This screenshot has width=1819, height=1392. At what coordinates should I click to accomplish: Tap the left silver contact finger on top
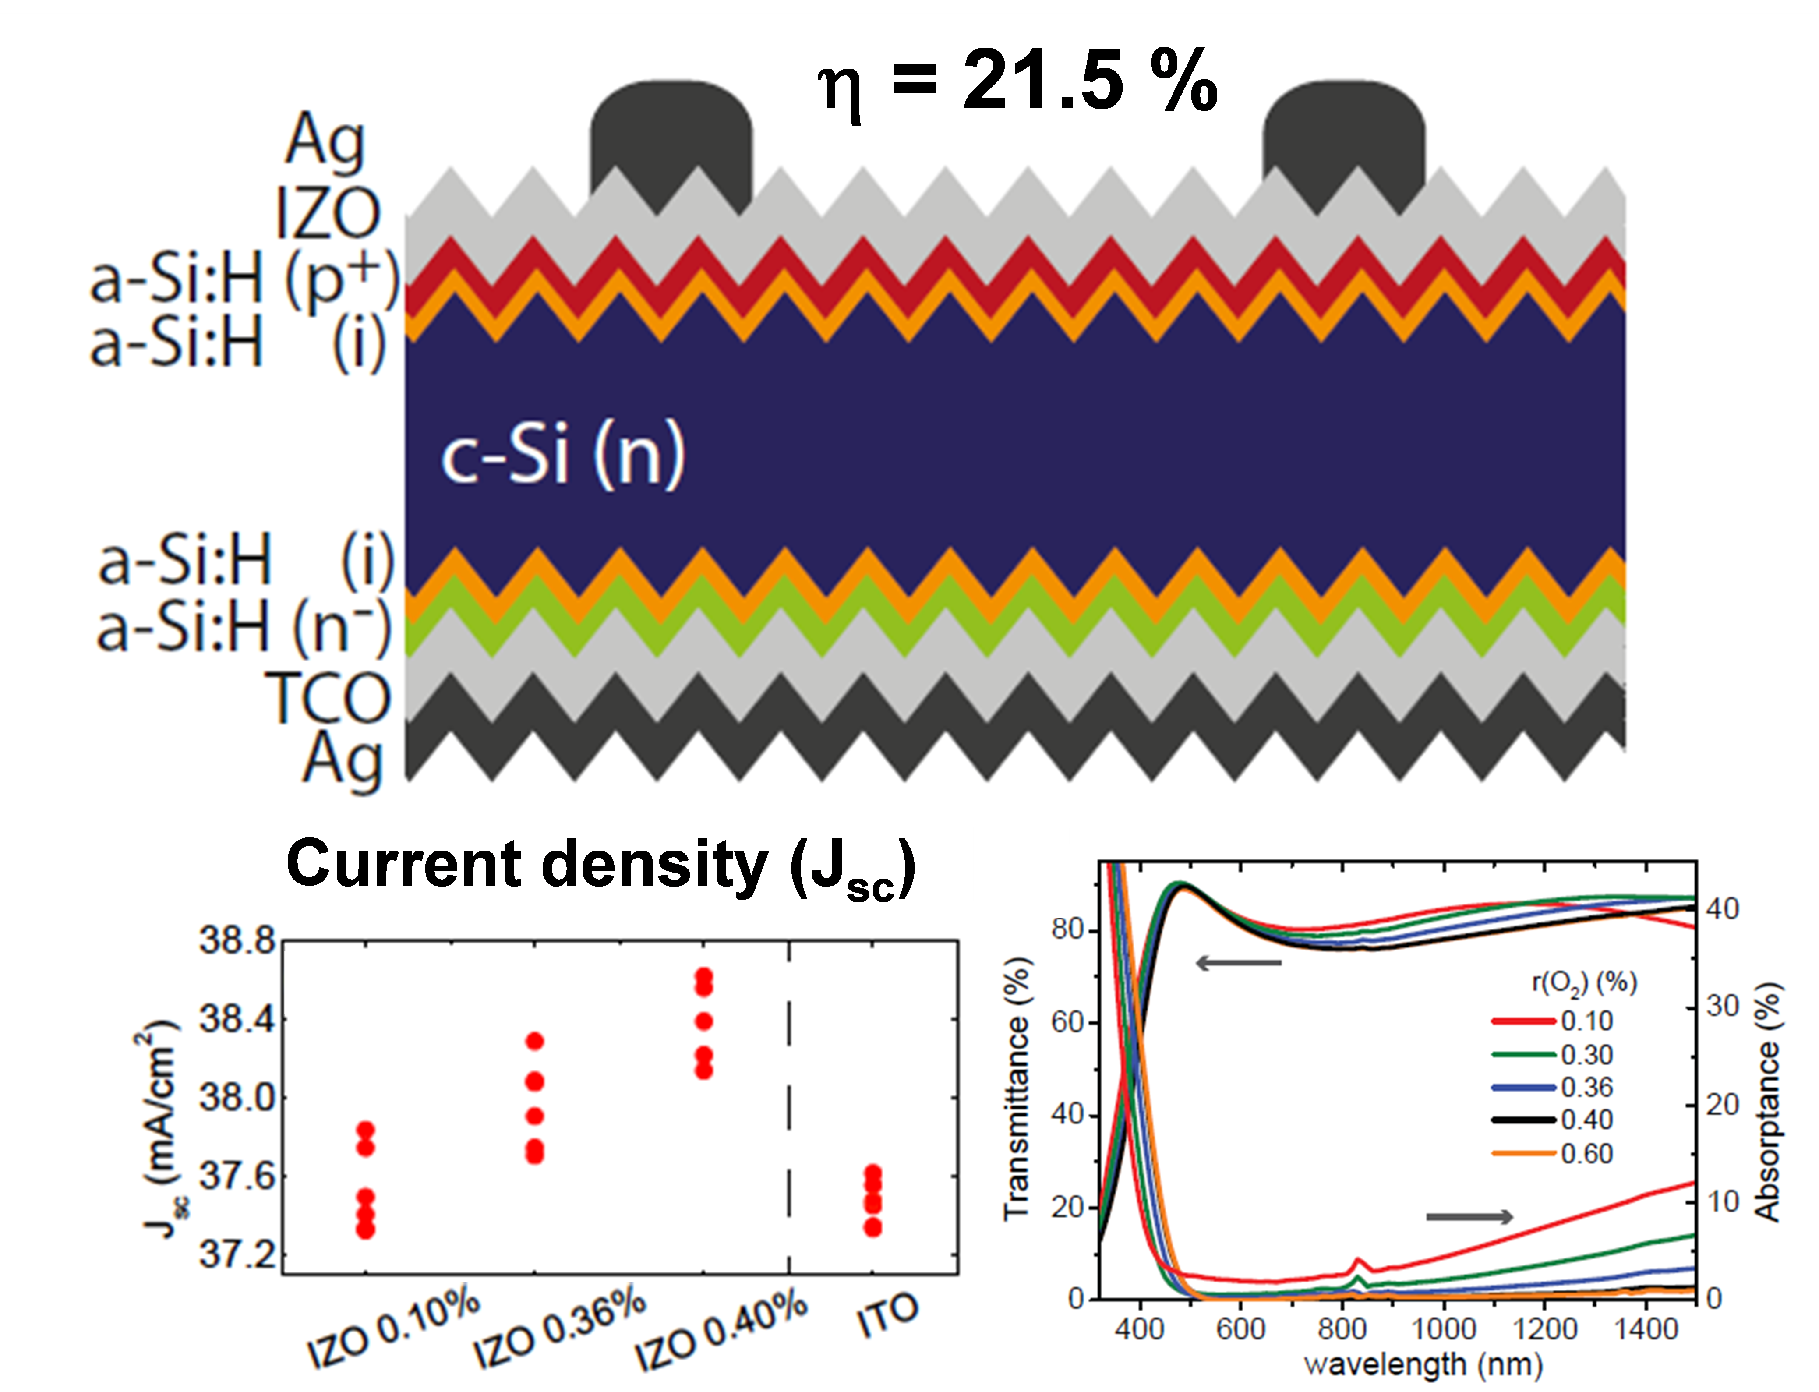tap(671, 133)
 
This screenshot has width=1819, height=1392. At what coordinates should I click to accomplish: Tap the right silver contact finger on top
tap(1343, 133)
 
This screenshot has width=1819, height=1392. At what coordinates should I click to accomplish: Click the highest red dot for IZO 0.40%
tap(704, 975)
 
